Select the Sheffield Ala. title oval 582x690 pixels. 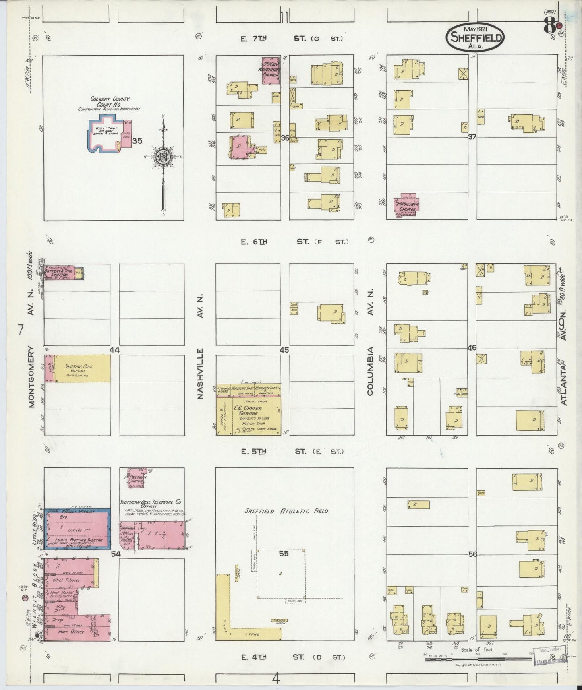[x=475, y=37]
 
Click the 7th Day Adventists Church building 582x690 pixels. [x=270, y=70]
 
